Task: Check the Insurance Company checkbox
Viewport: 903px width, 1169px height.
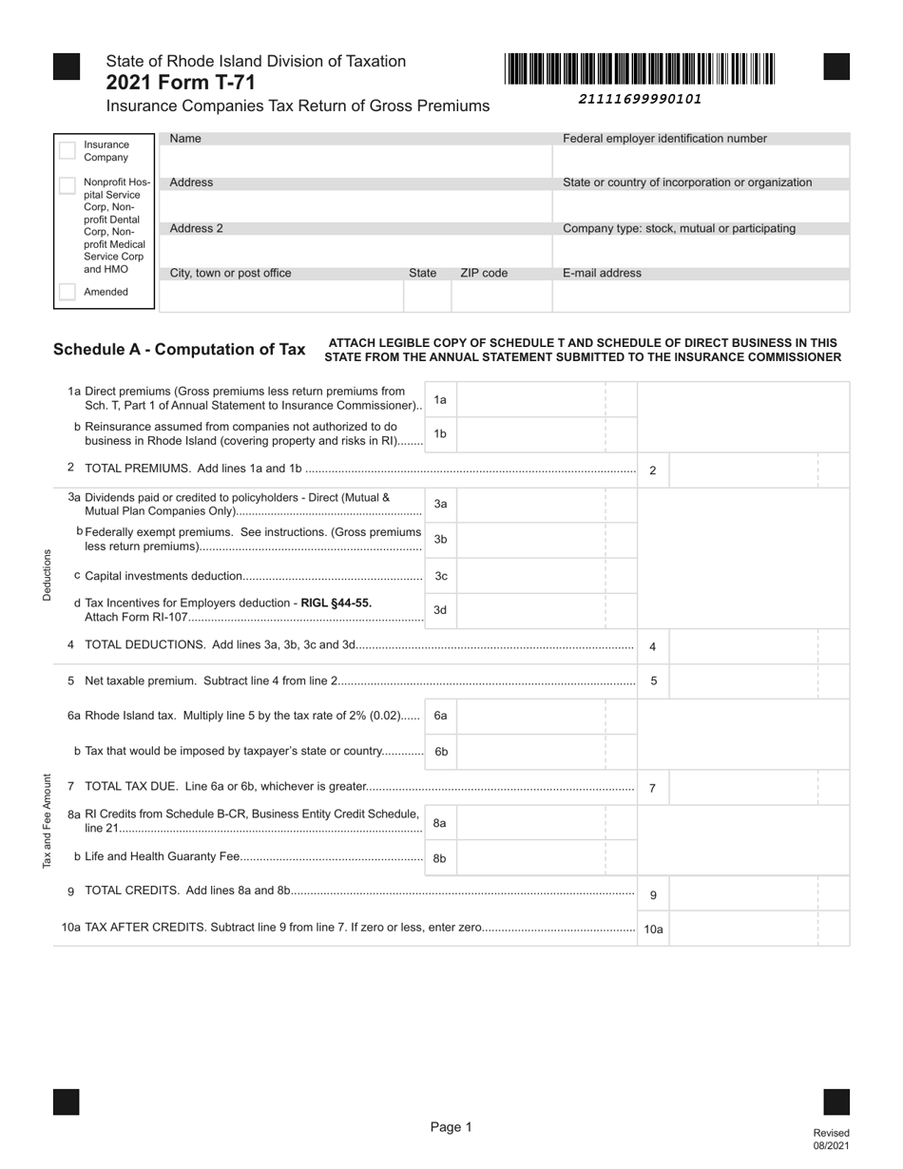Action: pyautogui.click(x=67, y=150)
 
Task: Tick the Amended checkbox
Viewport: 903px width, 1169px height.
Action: pyautogui.click(x=67, y=292)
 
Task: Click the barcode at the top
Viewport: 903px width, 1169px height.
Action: pyautogui.click(x=640, y=69)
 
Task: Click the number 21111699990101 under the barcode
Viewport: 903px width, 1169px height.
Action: pyautogui.click(x=640, y=99)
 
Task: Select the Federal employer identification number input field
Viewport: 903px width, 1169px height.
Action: pyautogui.click(x=701, y=161)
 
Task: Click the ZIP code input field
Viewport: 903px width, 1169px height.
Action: pyautogui.click(x=501, y=297)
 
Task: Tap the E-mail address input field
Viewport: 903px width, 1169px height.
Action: pyautogui.click(x=701, y=297)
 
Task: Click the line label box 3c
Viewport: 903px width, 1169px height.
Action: pyautogui.click(x=440, y=576)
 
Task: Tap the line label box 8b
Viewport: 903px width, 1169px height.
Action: pyautogui.click(x=440, y=858)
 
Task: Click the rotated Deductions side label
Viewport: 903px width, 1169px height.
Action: pyautogui.click(x=46, y=574)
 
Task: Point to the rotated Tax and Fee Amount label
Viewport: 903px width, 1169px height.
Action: pyautogui.click(x=46, y=821)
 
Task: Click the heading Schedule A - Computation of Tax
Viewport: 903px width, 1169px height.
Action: pyautogui.click(x=180, y=350)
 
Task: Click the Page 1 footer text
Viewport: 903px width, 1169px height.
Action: pyautogui.click(x=451, y=1127)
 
